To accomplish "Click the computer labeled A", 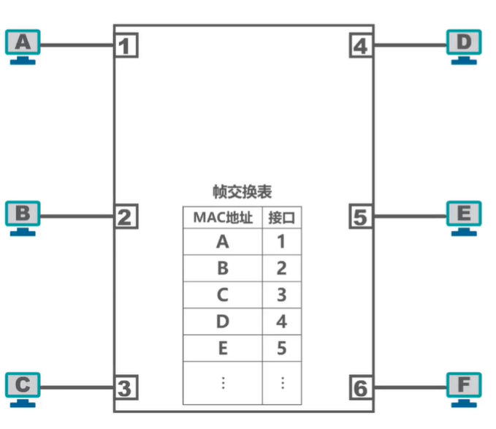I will pos(23,45).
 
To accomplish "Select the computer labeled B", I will pos(23,216).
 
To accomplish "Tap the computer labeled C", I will pos(23,386).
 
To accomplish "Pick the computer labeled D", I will pos(465,45).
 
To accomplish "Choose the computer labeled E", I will pos(465,216).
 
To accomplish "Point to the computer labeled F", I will pos(465,386).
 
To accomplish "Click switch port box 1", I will pos(126,46).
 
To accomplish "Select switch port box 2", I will pos(126,216).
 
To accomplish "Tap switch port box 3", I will pos(126,387).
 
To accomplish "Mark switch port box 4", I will pos(360,46).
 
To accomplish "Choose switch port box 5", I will pos(360,216).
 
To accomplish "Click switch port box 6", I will pos(360,387).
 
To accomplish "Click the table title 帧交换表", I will pos(242,191).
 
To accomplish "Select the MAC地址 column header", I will pos(223,217).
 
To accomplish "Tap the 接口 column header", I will pos(281,217).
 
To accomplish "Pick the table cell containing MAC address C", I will pos(223,295).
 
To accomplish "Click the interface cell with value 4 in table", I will pos(281,322).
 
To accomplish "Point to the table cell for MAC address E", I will pos(223,349).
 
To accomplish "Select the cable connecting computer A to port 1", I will pos(77,46).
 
